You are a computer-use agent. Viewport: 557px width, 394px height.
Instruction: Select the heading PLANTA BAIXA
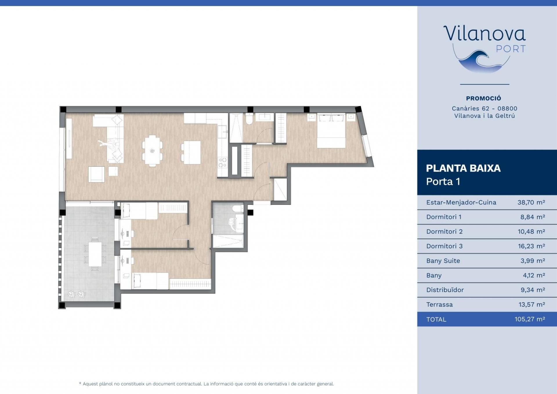click(x=463, y=168)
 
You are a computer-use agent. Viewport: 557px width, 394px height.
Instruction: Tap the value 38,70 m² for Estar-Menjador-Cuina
click(x=531, y=202)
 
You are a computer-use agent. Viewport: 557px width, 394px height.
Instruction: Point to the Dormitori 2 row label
click(x=444, y=232)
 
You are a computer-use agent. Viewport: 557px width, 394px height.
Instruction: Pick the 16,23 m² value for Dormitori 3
click(x=531, y=246)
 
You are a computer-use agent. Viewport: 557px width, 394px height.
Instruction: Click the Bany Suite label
click(x=443, y=261)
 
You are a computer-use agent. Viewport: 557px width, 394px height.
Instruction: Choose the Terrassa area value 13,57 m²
click(x=532, y=305)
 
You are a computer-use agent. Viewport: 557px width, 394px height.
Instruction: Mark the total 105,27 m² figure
click(x=530, y=319)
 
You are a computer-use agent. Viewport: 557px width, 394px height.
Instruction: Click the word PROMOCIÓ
click(x=484, y=98)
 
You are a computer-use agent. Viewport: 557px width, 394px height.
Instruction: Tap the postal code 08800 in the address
click(x=507, y=109)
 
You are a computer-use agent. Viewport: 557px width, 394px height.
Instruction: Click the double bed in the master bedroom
click(x=331, y=130)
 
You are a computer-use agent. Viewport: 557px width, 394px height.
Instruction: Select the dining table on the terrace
click(x=95, y=254)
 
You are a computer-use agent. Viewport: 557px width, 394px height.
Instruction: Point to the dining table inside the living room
click(x=152, y=150)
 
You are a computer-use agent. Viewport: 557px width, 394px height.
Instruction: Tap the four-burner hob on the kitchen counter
click(x=223, y=162)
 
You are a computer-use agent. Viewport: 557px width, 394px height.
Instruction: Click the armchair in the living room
click(x=96, y=174)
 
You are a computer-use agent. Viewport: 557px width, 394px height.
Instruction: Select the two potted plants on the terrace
click(x=77, y=294)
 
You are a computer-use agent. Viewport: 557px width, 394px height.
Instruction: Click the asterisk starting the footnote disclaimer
click(x=80, y=383)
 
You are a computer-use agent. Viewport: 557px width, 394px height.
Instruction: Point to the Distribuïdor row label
click(x=445, y=290)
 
